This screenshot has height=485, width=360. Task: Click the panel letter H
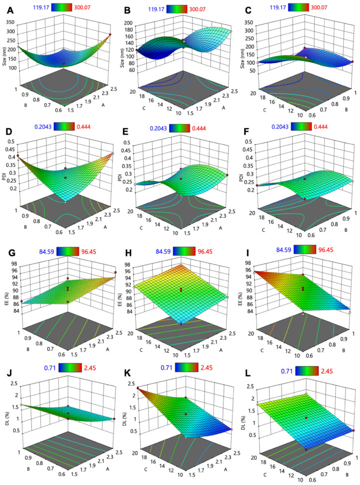126,249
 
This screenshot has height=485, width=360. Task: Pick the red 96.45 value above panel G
82,248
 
